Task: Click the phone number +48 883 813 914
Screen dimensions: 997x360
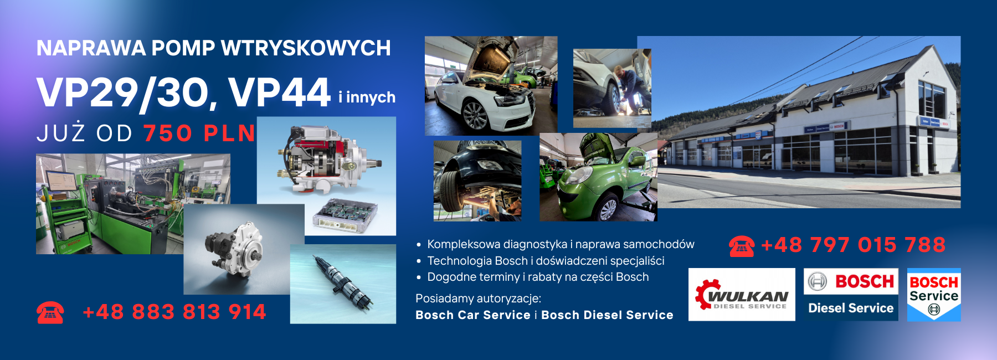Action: pos(174,312)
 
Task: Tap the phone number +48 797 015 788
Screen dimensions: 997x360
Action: pos(854,245)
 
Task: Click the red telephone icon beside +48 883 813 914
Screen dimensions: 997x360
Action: pos(50,312)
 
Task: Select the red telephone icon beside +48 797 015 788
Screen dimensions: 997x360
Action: pos(741,246)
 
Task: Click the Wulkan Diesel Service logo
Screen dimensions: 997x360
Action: pos(742,295)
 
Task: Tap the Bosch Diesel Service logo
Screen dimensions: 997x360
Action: pos(851,295)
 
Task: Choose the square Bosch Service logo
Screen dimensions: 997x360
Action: pos(934,295)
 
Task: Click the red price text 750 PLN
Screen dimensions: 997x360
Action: pos(199,133)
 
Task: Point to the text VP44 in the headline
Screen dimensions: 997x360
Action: pos(279,92)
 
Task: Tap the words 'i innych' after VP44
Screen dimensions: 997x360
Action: pos(367,97)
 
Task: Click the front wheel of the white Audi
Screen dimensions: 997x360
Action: pos(474,115)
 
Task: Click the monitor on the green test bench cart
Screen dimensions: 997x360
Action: pos(61,181)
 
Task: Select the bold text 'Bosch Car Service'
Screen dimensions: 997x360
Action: pos(473,315)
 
